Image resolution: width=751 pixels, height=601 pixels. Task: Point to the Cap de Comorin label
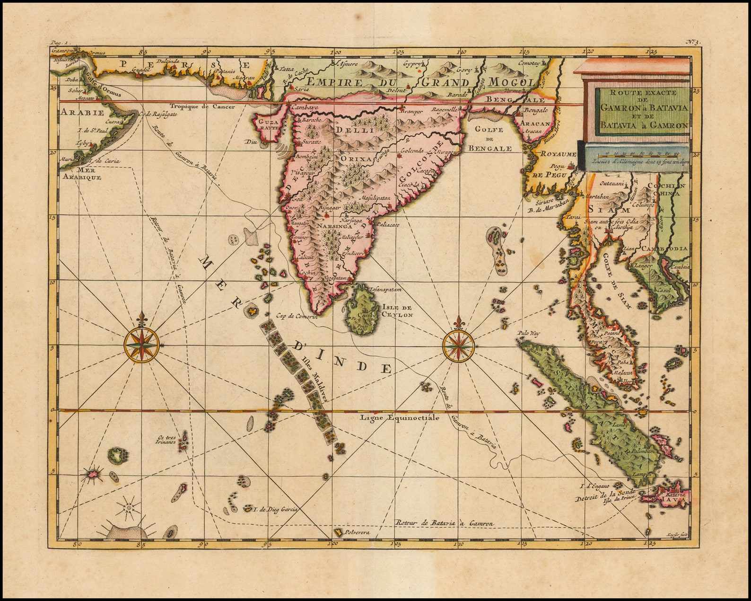click(x=297, y=317)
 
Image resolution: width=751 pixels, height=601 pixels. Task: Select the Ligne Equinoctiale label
click(x=400, y=418)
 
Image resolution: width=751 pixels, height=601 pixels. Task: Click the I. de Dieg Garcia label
click(x=275, y=510)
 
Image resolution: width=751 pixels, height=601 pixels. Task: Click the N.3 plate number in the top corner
click(x=694, y=42)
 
